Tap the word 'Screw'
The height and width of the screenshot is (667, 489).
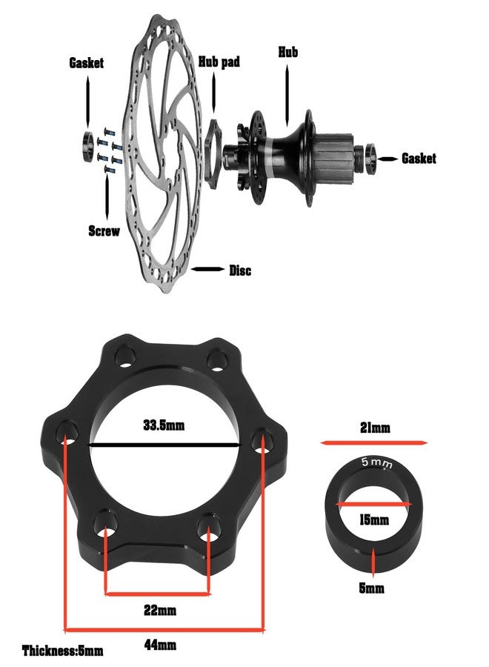click(104, 230)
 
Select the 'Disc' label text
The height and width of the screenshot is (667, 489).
click(239, 271)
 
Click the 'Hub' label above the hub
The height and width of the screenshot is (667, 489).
click(288, 52)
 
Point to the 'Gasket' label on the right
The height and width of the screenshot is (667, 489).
click(419, 158)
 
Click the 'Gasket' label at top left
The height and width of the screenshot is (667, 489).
click(87, 63)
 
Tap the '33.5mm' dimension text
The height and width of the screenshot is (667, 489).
click(164, 425)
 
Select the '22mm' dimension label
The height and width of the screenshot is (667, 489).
click(158, 611)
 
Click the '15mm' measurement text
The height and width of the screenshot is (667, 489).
click(373, 520)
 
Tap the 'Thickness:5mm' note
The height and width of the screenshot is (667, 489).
click(63, 651)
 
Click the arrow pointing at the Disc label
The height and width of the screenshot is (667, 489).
click(207, 270)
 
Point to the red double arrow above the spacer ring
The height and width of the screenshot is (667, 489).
click(374, 442)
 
